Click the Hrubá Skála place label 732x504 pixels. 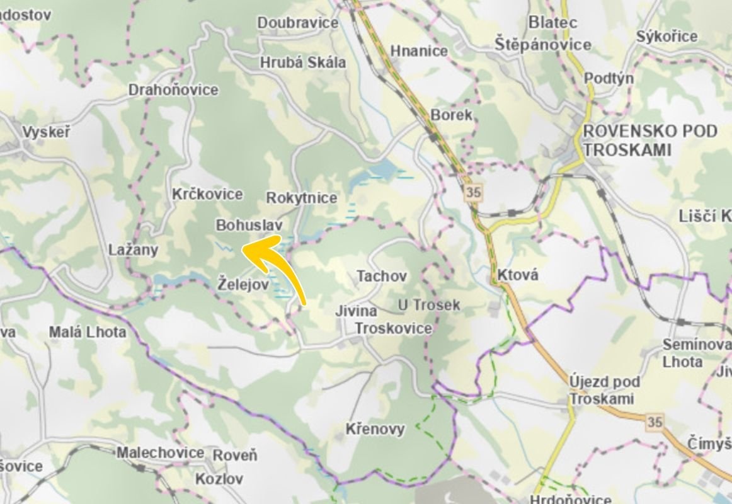302,62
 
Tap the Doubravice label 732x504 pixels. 297,23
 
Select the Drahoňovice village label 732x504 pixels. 173,89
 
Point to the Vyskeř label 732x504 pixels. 46,132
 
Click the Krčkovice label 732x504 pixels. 207,194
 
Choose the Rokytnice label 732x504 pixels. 302,198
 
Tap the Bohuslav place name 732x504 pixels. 248,225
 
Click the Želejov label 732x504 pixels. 243,284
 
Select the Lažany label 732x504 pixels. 133,249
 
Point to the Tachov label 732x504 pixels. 382,276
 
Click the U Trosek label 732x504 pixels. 429,305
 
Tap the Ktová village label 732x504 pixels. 518,275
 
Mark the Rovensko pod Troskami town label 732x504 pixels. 649,140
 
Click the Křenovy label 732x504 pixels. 375,429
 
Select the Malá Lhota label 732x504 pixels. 88,331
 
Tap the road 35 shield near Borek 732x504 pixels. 472,192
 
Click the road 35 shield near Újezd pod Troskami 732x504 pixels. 655,421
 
